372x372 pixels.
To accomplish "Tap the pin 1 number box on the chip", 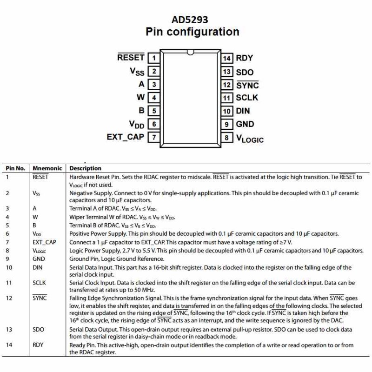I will pos(154,58).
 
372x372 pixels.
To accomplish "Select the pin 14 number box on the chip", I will pos(226,58).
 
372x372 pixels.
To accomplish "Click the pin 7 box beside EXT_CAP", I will pos(154,138).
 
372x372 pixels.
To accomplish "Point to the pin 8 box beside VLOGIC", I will pos(226,138).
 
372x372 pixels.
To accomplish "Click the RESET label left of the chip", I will pos(131,57).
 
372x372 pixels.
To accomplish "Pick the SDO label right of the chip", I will pos(245,72).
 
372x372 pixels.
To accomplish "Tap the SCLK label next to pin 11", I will pos(247,98).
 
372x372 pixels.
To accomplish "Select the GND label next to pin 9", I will pos(245,124).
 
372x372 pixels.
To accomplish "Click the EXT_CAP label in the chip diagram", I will pos(125,137).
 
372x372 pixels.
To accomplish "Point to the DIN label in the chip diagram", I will pos(243,111).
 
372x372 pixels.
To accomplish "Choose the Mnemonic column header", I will pos(47,168).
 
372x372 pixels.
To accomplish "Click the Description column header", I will pos(85,168).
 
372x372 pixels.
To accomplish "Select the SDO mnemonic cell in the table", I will pos(39,329).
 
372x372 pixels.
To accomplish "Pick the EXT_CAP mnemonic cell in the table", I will pos(44,242).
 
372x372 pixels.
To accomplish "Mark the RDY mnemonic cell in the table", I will pos(39,345).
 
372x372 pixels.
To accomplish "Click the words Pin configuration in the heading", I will pos(192,32).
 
